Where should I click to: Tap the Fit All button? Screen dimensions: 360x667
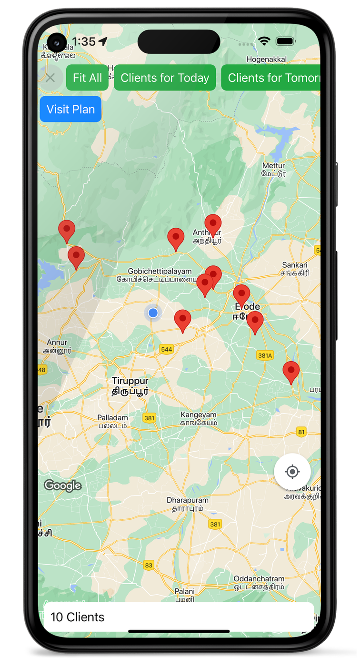click(87, 78)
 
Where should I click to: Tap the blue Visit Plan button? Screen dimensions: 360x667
click(70, 109)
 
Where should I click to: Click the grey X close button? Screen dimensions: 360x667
click(50, 78)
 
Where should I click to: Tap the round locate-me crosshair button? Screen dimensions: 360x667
click(292, 472)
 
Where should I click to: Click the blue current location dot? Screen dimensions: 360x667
click(153, 313)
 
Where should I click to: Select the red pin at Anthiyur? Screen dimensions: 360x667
click(213, 224)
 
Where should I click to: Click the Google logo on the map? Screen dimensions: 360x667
click(62, 485)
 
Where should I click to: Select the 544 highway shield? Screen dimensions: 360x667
click(166, 349)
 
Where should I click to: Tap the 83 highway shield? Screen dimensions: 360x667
click(149, 566)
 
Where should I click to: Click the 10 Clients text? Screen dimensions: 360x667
click(77, 617)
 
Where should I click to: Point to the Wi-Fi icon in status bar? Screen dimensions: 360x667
click(264, 41)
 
